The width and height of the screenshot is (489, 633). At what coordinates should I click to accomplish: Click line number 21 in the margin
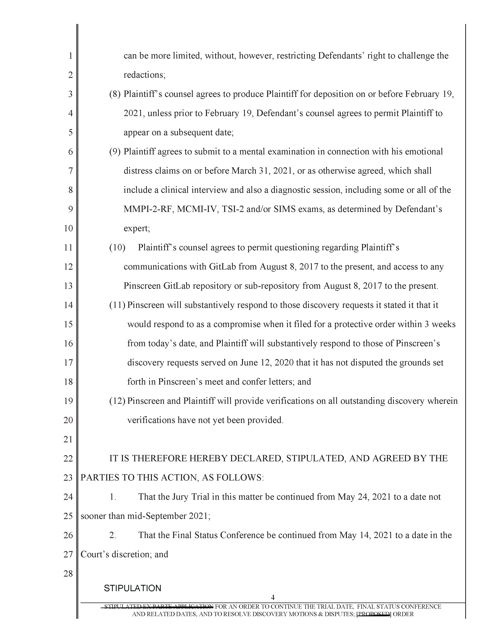pyautogui.click(x=68, y=440)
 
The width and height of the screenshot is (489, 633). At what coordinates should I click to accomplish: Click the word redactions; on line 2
pyautogui.click(x=144, y=75)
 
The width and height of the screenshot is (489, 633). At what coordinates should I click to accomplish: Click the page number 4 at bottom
pyautogui.click(x=272, y=597)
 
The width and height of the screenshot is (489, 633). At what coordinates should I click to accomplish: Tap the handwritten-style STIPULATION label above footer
pyautogui.click(x=132, y=588)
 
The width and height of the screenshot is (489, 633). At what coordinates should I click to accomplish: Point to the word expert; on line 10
pyautogui.click(x=137, y=229)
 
